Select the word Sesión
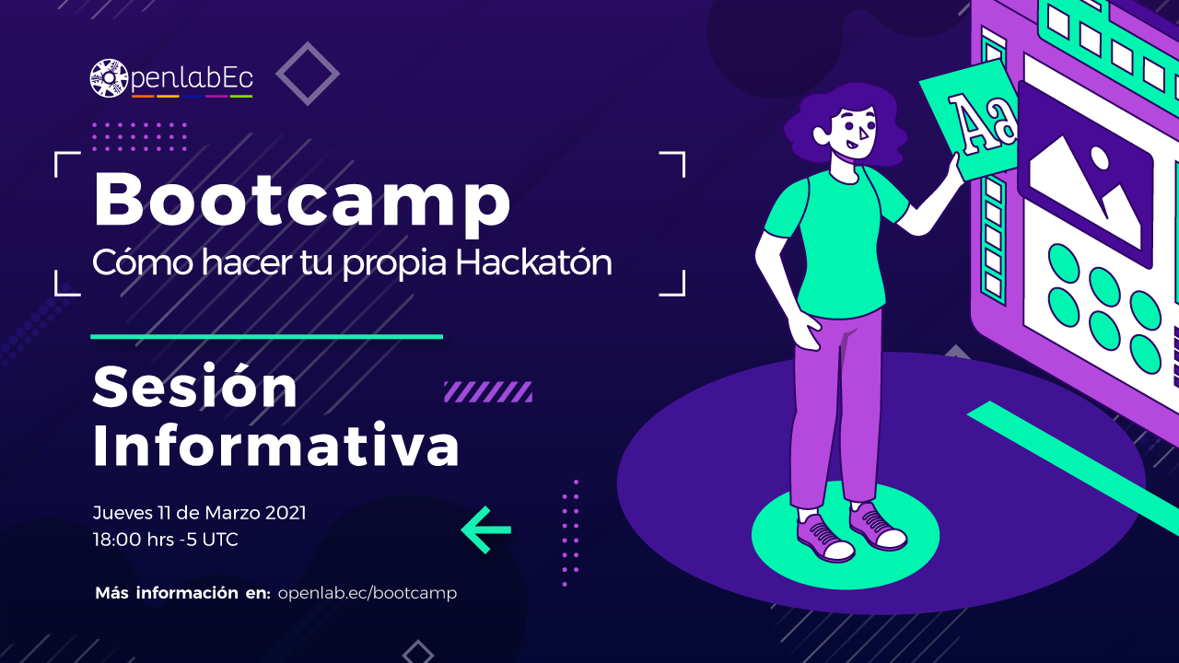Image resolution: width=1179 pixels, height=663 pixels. click(194, 386)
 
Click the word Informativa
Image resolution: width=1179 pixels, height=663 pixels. click(275, 445)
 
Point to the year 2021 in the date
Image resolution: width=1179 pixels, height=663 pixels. click(286, 513)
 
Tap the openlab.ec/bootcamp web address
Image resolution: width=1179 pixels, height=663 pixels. click(368, 593)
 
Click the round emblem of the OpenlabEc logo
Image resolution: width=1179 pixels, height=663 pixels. click(109, 78)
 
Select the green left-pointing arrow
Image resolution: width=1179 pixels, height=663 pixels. click(486, 529)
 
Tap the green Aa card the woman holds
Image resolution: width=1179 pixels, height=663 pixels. click(967, 120)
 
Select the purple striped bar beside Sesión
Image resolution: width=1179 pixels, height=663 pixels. click(488, 392)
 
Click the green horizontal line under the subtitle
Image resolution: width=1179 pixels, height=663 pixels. click(267, 337)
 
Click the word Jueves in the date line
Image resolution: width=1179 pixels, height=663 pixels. click(123, 513)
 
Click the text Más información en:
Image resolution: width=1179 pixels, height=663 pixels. click(182, 593)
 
